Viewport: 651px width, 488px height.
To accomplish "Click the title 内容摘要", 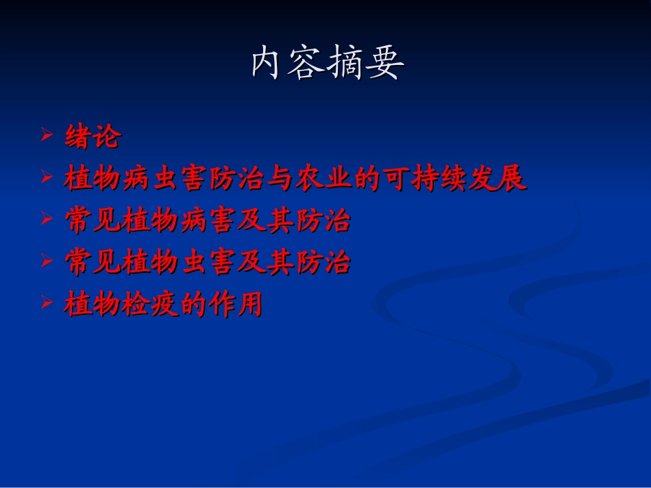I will click(328, 64).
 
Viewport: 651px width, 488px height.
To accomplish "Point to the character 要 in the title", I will click(385, 64).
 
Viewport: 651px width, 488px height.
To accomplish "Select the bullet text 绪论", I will click(93, 137).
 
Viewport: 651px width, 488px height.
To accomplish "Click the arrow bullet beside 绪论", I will click(47, 135).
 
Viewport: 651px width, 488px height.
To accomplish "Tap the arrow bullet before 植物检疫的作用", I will click(47, 303).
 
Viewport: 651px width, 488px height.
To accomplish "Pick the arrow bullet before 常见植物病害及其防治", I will click(47, 219).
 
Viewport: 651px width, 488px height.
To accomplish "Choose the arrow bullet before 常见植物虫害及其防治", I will click(47, 261).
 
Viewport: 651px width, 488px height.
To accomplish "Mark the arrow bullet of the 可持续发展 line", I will click(47, 177).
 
